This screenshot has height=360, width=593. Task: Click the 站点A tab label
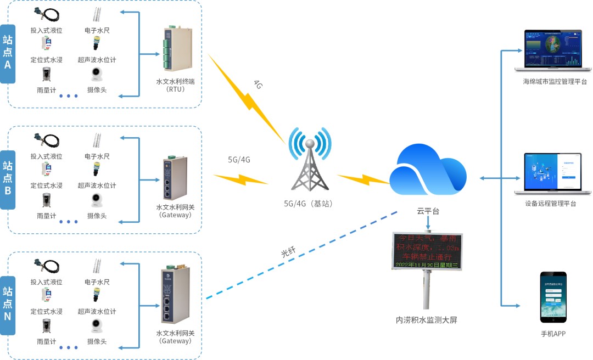7,53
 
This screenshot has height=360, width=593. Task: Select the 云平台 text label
428,211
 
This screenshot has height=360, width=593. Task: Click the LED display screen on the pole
427,251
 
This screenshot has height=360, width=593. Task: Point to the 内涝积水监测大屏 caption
426,319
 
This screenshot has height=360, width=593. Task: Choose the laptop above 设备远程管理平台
553,174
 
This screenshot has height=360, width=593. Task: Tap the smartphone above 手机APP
553,297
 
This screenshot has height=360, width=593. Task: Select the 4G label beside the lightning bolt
258,84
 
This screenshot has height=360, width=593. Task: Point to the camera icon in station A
97,75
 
